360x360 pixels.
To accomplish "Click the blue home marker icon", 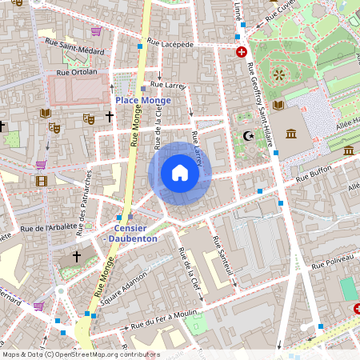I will point(179,173).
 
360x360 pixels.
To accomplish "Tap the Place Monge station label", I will point(142,100).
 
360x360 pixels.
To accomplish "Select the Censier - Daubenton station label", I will point(130,233).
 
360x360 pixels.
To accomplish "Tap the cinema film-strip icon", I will point(41,181).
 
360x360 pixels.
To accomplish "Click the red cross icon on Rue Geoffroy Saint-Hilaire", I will point(242,51).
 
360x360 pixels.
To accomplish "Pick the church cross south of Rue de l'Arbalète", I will point(77,256).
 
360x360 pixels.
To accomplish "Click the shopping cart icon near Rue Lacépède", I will point(96,31).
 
